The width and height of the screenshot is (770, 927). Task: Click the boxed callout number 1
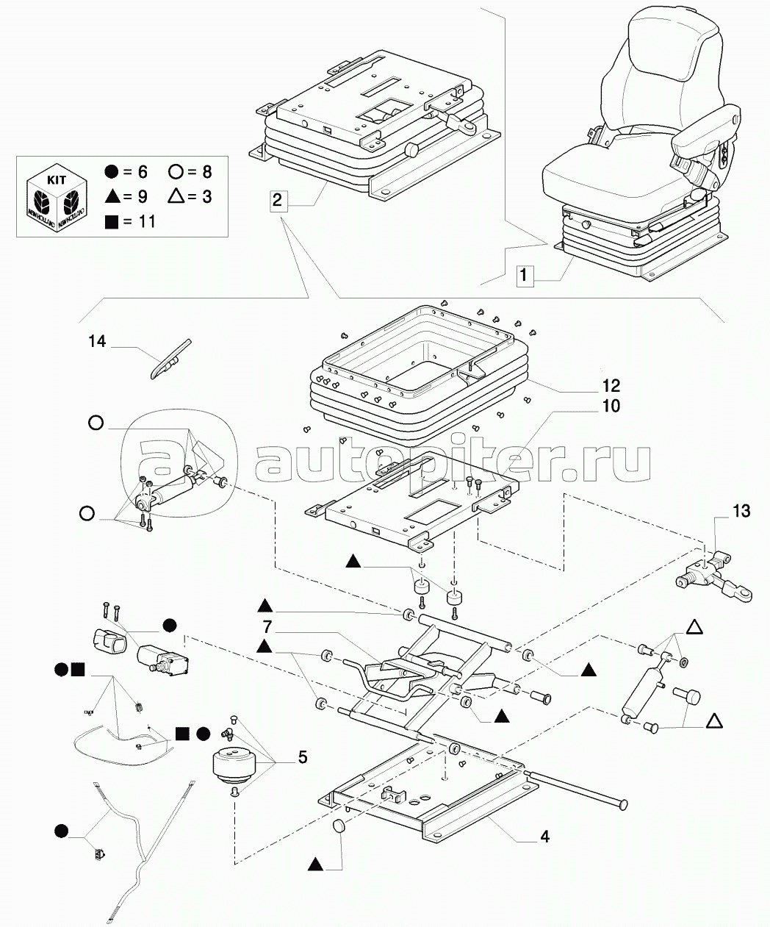[x=523, y=276]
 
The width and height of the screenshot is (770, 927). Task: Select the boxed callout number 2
[x=277, y=199]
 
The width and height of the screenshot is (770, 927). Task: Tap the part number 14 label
[x=97, y=341]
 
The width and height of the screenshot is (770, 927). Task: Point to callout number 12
[x=611, y=386]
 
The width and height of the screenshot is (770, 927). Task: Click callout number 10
[x=611, y=406]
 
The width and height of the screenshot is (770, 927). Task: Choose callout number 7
[x=268, y=628]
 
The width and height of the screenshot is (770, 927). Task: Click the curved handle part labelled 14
[x=170, y=358]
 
